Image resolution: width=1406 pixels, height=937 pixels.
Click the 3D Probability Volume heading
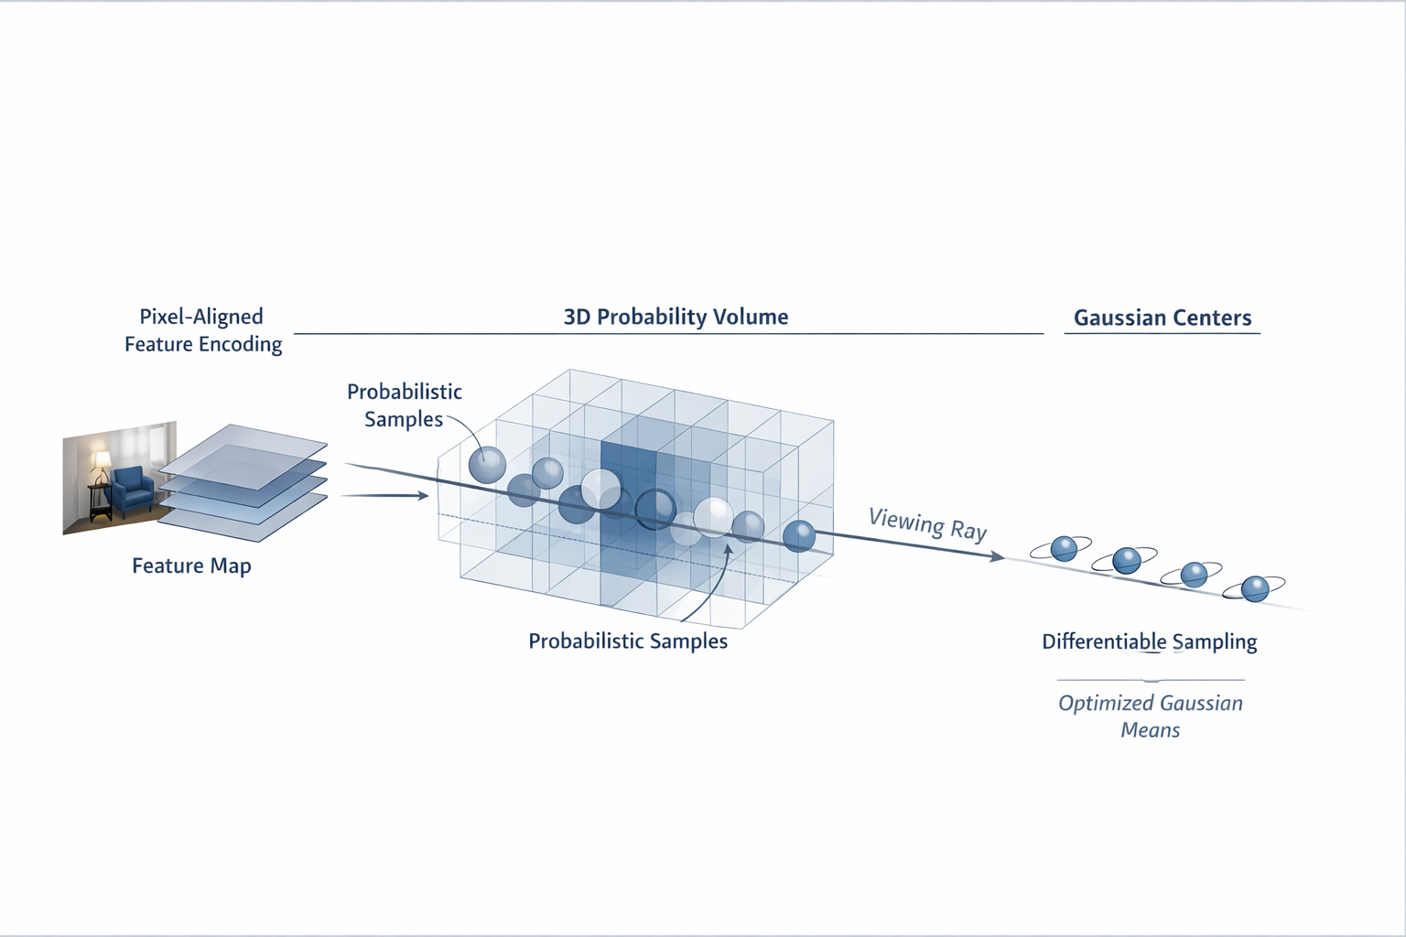pyautogui.click(x=676, y=317)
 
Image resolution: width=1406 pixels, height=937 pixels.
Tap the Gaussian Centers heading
pyautogui.click(x=1162, y=318)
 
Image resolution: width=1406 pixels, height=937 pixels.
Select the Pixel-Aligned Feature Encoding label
pyautogui.click(x=203, y=330)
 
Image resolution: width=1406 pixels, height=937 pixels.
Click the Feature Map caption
pyautogui.click(x=191, y=565)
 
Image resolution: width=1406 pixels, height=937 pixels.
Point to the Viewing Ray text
pyautogui.click(x=927, y=524)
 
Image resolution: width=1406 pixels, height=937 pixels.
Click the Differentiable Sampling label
pyautogui.click(x=1149, y=641)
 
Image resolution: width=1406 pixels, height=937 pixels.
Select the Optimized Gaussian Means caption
pyautogui.click(x=1151, y=716)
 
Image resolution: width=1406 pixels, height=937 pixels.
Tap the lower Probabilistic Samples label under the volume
pyautogui.click(x=627, y=641)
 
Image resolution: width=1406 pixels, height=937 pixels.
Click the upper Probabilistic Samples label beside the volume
pyautogui.click(x=404, y=404)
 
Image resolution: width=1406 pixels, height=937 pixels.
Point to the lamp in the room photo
pyautogui.click(x=101, y=461)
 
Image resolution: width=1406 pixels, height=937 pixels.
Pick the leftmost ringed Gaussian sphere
pyautogui.click(x=1063, y=548)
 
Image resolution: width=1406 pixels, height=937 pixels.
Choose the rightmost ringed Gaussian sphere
pyautogui.click(x=1254, y=587)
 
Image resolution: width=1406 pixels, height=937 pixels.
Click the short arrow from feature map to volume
pyautogui.click(x=384, y=496)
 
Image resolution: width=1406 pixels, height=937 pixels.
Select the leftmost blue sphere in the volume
pyautogui.click(x=487, y=465)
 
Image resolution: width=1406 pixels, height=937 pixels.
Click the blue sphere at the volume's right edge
pyautogui.click(x=799, y=535)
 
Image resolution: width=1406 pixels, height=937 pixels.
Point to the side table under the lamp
pyautogui.click(x=100, y=501)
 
